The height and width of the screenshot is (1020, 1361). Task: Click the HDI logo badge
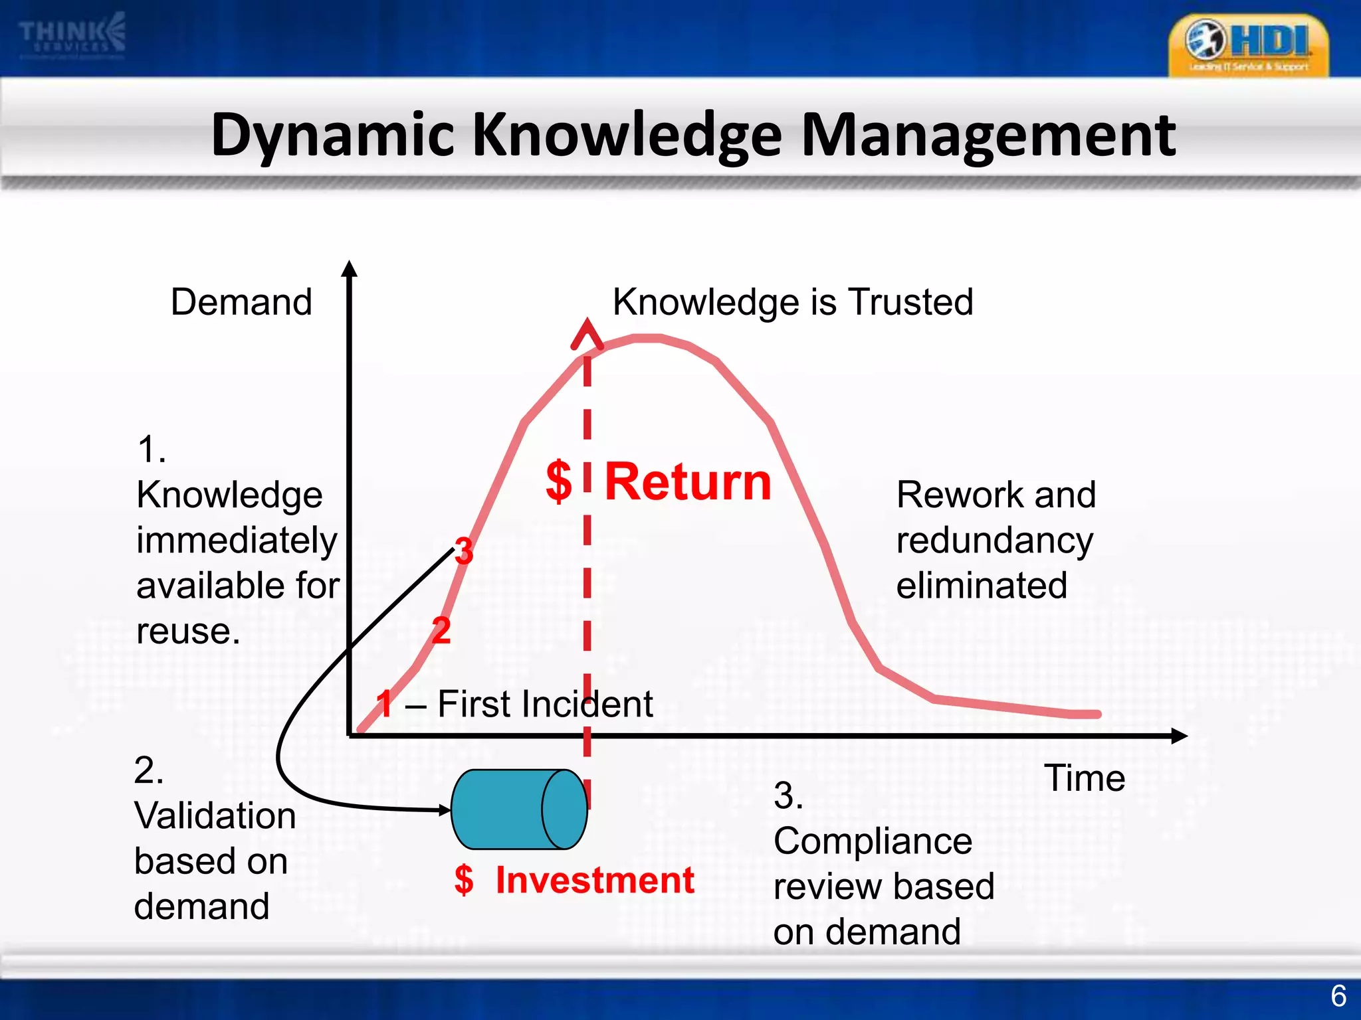click(1248, 45)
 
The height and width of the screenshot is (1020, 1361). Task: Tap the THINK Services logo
click(72, 36)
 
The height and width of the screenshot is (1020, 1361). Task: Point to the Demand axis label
click(241, 302)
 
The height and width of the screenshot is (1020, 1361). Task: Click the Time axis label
click(1085, 778)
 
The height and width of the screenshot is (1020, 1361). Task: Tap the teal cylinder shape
click(519, 809)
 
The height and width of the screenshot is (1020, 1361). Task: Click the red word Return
click(688, 481)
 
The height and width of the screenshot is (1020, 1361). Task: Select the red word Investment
click(595, 881)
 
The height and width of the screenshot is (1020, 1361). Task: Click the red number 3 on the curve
click(464, 551)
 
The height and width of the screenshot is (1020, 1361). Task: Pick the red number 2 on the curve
click(441, 630)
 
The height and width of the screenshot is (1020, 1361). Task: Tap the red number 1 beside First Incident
click(385, 704)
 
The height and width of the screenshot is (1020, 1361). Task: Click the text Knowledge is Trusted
click(793, 302)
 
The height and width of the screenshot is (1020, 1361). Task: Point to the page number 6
click(1338, 996)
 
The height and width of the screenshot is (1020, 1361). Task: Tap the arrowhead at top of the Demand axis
click(350, 268)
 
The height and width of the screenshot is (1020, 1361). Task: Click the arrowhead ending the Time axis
click(1179, 736)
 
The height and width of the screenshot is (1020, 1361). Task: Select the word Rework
click(959, 495)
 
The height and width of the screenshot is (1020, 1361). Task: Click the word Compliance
click(873, 841)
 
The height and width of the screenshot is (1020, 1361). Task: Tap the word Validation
click(215, 815)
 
